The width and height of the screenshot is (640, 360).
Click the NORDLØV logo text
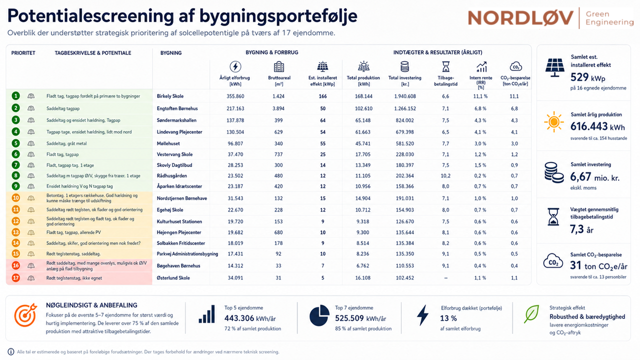point(520,18)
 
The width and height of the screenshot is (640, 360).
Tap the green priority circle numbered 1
point(15,96)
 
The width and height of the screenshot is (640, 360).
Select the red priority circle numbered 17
point(15,277)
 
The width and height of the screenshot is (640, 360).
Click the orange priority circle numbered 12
point(15,221)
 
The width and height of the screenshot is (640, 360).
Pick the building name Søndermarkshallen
point(176,120)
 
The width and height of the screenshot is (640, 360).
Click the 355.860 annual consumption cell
point(235,96)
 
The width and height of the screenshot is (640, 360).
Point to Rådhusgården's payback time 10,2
point(445,175)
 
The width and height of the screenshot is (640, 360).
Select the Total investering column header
point(404,81)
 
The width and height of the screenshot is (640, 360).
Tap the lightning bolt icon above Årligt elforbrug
point(235,67)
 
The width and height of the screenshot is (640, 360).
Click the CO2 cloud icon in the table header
point(515,66)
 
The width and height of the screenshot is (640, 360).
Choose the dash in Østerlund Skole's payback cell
point(445,278)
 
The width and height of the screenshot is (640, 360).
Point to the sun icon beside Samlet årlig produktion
point(553,121)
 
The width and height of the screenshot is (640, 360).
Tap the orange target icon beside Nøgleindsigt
point(25,314)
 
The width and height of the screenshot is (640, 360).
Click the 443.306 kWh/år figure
point(250,318)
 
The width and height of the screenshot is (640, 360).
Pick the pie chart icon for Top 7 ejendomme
point(319,315)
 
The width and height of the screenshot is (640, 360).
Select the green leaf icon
point(531,313)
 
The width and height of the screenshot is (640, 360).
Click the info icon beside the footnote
point(10,351)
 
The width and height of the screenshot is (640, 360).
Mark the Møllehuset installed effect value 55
point(322,143)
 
